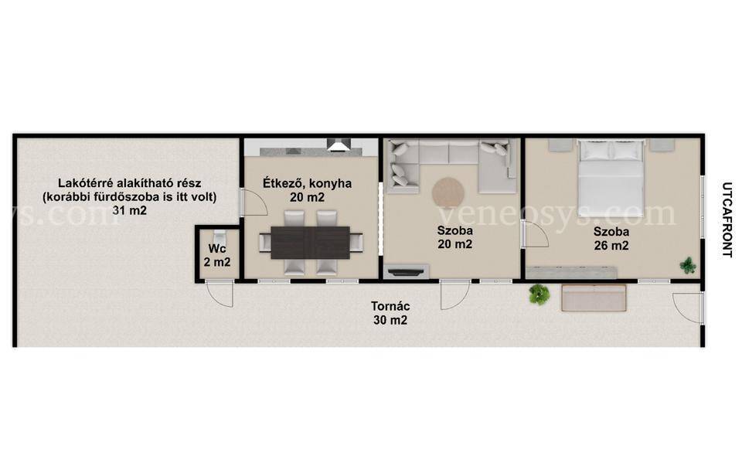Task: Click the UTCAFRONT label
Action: pos(728,220)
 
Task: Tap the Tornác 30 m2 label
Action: pos(390,313)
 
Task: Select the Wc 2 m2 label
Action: pos(217,255)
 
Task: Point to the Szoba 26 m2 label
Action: pos(611,238)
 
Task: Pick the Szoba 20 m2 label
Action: pos(454,237)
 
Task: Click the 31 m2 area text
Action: pos(130,210)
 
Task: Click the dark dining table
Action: pos(311,242)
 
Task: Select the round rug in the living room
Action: pos(448,192)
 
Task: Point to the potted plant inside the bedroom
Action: pos(688,265)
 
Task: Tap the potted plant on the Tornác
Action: pos(539,294)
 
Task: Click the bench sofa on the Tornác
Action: pos(594,298)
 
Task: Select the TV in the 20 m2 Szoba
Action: pos(406,271)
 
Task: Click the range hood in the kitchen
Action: pos(339,145)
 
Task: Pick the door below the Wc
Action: pos(220,294)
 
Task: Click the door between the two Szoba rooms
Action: pos(535,234)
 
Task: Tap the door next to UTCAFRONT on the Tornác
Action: pos(688,308)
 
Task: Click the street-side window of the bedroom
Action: pos(703,206)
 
